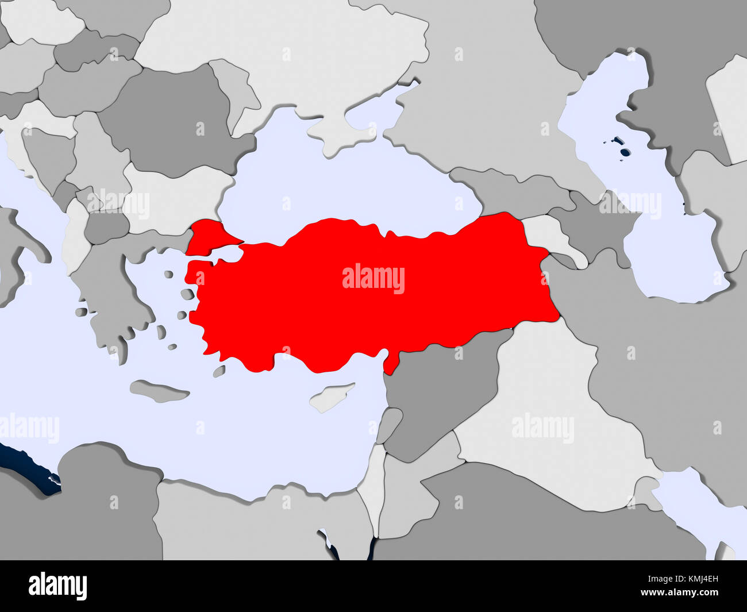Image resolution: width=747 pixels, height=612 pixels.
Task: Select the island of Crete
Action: pyautogui.click(x=159, y=391)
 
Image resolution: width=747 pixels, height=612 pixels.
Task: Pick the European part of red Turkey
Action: pyautogui.click(x=207, y=236)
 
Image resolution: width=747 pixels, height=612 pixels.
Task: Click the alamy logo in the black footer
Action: pyautogui.click(x=58, y=586)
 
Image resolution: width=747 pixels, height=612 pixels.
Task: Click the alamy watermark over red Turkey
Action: pyautogui.click(x=373, y=279)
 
